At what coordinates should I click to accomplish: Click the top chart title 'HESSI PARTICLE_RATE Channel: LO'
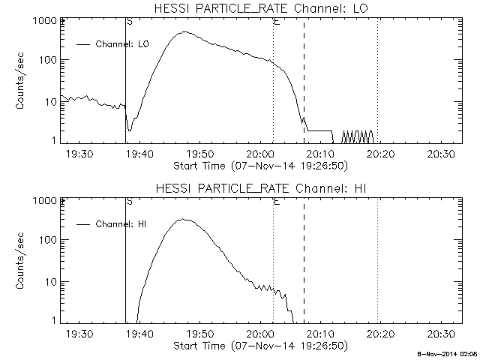click(261, 8)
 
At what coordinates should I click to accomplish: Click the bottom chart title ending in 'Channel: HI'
click(261, 188)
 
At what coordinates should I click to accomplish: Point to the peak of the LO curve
click(184, 31)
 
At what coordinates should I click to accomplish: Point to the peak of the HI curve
click(183, 219)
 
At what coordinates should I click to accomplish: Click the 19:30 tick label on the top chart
click(79, 154)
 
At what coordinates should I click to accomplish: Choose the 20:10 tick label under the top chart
click(320, 154)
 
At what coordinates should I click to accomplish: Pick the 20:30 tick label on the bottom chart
click(441, 334)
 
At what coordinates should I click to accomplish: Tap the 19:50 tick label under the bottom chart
click(200, 334)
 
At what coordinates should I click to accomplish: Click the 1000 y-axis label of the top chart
click(45, 21)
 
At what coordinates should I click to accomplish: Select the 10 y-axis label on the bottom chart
click(50, 282)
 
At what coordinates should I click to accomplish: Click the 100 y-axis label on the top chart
click(48, 60)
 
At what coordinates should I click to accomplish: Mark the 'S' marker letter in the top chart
click(130, 22)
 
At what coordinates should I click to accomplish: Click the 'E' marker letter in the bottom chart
click(277, 202)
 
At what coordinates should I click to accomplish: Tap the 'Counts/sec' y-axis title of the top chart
click(20, 81)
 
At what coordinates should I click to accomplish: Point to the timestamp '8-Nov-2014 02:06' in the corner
click(448, 355)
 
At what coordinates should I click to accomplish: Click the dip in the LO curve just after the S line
click(130, 130)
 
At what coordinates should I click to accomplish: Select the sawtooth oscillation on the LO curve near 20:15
click(358, 136)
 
